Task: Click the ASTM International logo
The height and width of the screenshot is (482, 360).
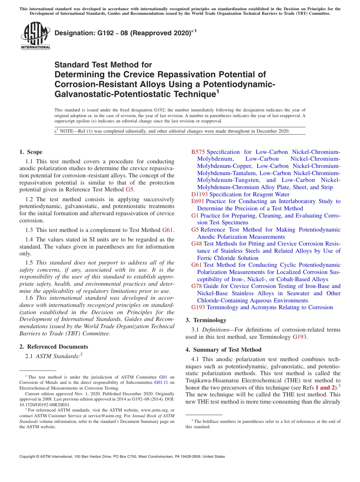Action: click(35, 36)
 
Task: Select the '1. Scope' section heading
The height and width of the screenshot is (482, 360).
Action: click(31, 152)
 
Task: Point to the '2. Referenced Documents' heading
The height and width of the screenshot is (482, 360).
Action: click(53, 347)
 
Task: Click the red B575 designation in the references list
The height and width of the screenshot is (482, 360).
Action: click(198, 152)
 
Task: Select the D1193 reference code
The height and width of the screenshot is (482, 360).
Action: click(199, 194)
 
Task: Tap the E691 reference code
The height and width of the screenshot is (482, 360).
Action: click(197, 201)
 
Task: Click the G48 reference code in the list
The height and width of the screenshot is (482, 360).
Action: click(196, 244)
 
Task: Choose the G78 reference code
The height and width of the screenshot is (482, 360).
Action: click(196, 286)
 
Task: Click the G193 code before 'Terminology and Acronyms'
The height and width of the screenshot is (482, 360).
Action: click(198, 307)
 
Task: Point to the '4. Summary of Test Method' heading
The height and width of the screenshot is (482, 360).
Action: click(223, 350)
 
